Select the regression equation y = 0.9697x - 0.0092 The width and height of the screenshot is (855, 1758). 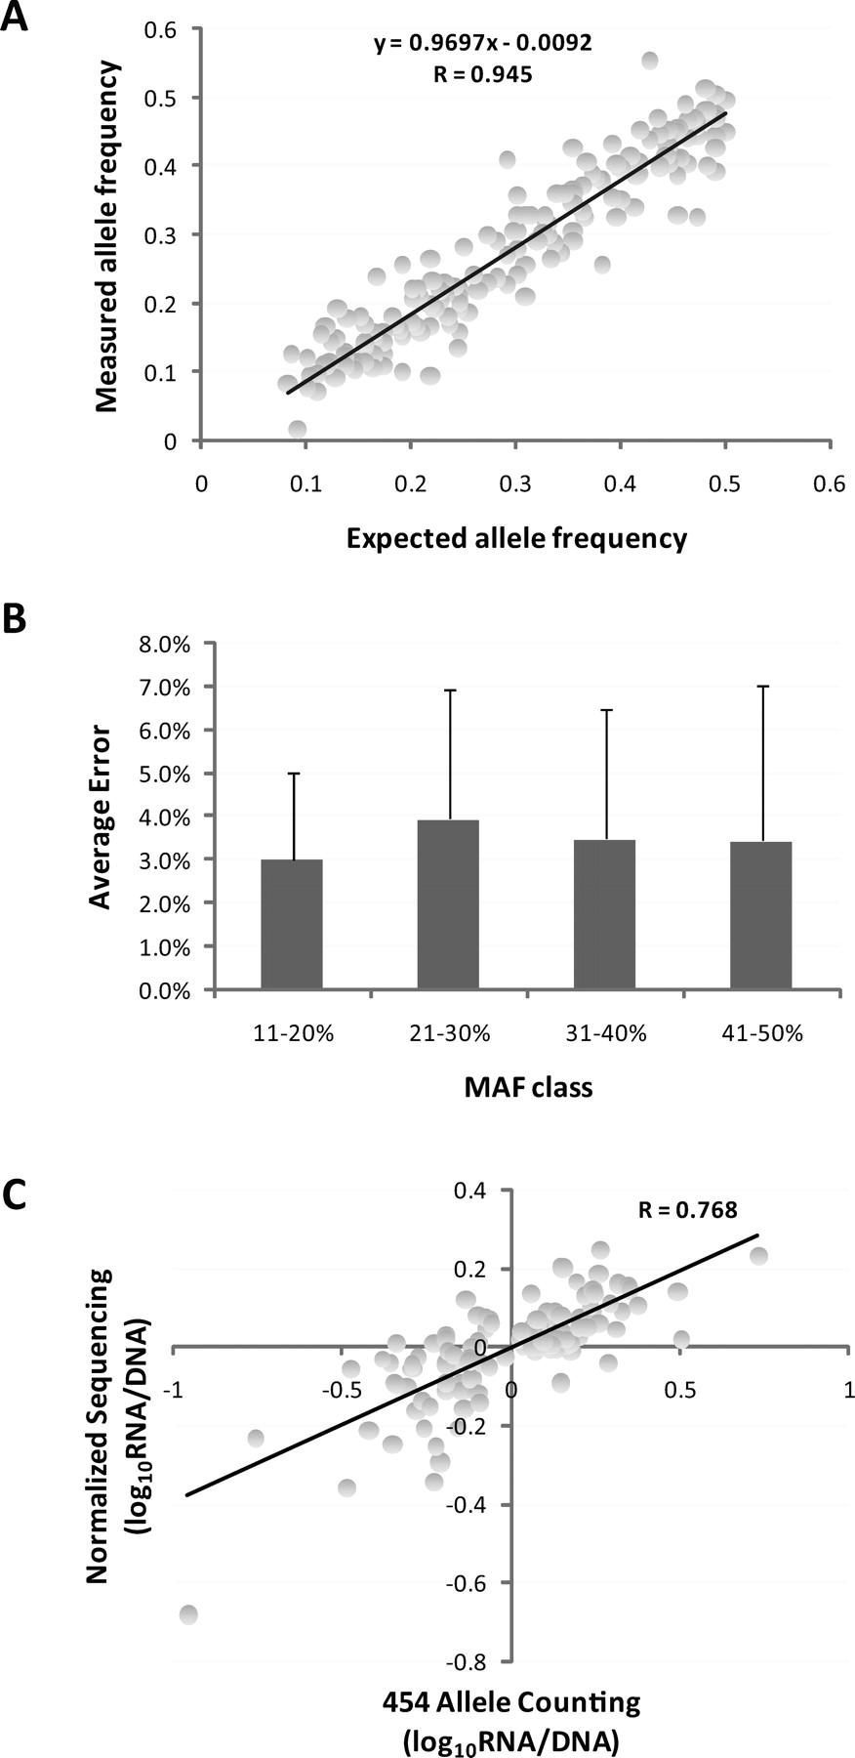point(483,43)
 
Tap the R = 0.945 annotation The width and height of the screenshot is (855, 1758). point(483,74)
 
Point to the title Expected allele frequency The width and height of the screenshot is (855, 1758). point(516,538)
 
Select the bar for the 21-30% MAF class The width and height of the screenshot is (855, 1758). point(448,904)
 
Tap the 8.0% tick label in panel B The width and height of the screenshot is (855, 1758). point(167,645)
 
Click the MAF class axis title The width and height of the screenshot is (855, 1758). point(528,1087)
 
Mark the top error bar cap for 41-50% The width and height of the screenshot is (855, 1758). point(761,687)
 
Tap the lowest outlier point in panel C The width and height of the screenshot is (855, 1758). point(188,1614)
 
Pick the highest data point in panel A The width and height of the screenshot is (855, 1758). point(649,61)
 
